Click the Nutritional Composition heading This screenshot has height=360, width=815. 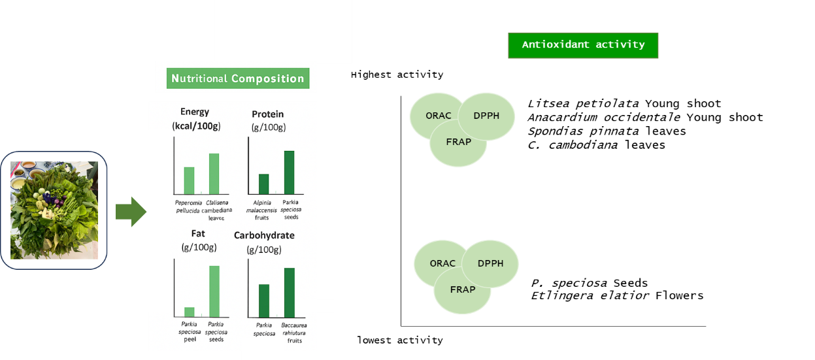point(237,79)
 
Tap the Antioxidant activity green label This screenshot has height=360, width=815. point(583,45)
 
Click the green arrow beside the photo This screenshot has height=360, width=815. point(131,212)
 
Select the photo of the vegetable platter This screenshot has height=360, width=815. point(54,210)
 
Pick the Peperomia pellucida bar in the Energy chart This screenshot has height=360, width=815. point(189,180)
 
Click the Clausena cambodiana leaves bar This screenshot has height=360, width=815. point(214,174)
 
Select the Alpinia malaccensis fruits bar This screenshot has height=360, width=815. point(264,184)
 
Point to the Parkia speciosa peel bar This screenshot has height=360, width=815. point(190,312)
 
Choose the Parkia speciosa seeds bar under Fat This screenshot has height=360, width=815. point(214,291)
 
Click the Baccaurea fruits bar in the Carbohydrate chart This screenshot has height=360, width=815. point(289,293)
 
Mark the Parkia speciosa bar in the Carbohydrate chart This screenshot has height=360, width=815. point(264,301)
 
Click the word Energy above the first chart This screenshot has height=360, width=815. point(195,112)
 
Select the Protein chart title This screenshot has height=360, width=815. point(267,114)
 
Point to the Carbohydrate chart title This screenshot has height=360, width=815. point(264,235)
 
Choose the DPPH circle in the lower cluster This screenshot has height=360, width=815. point(491,263)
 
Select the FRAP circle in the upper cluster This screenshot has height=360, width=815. point(457,143)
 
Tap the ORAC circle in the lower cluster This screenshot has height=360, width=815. point(440,263)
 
